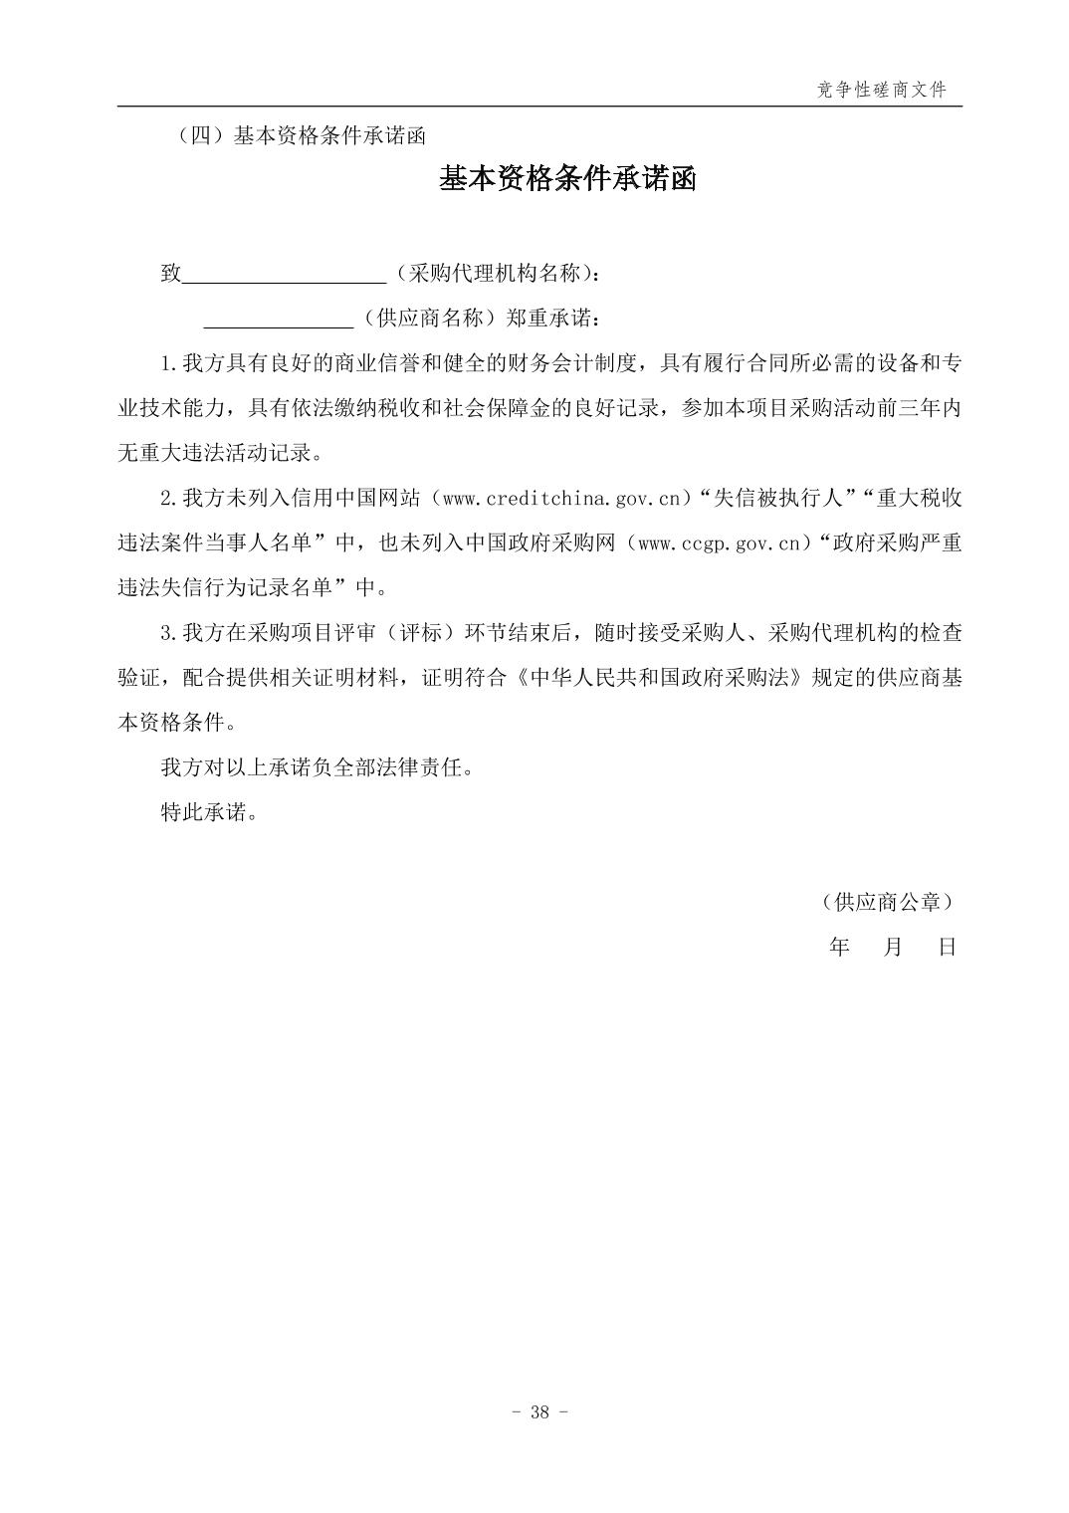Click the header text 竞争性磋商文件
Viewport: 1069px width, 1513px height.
click(x=881, y=90)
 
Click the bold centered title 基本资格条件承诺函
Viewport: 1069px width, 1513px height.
click(x=567, y=179)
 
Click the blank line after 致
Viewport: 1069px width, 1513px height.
click(x=285, y=274)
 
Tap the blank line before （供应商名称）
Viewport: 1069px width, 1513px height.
click(x=279, y=319)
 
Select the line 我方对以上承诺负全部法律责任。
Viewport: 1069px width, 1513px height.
click(x=317, y=767)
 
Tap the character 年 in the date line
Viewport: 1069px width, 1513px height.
click(x=839, y=947)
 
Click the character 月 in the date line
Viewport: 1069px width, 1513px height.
click(x=893, y=947)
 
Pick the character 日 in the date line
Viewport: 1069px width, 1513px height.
click(x=947, y=947)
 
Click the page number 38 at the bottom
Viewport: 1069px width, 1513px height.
click(x=539, y=1412)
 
